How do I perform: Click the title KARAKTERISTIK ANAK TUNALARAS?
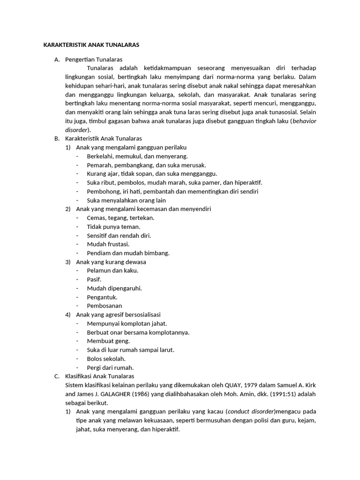click(x=91, y=45)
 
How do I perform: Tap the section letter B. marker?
click(x=57, y=139)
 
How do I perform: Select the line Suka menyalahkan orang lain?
click(x=126, y=200)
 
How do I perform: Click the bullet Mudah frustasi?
click(x=108, y=244)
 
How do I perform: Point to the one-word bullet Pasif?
click(x=94, y=279)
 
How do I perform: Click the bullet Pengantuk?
click(x=102, y=297)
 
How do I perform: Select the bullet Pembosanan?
click(x=105, y=306)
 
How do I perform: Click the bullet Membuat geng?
click(x=108, y=341)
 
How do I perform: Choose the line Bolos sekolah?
click(x=106, y=359)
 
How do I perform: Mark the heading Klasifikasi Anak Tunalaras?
click(x=100, y=376)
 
